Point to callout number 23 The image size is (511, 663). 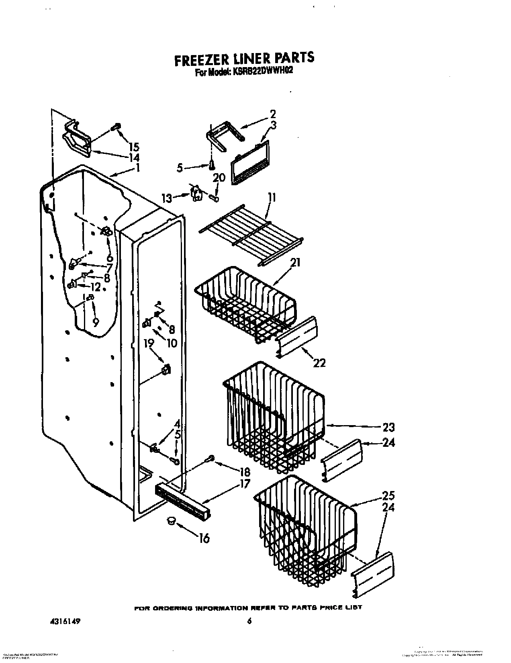click(x=388, y=427)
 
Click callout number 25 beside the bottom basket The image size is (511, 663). click(x=388, y=495)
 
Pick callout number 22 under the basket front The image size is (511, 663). click(x=319, y=362)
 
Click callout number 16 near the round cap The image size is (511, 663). click(x=204, y=538)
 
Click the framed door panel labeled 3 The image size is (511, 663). click(x=250, y=163)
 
